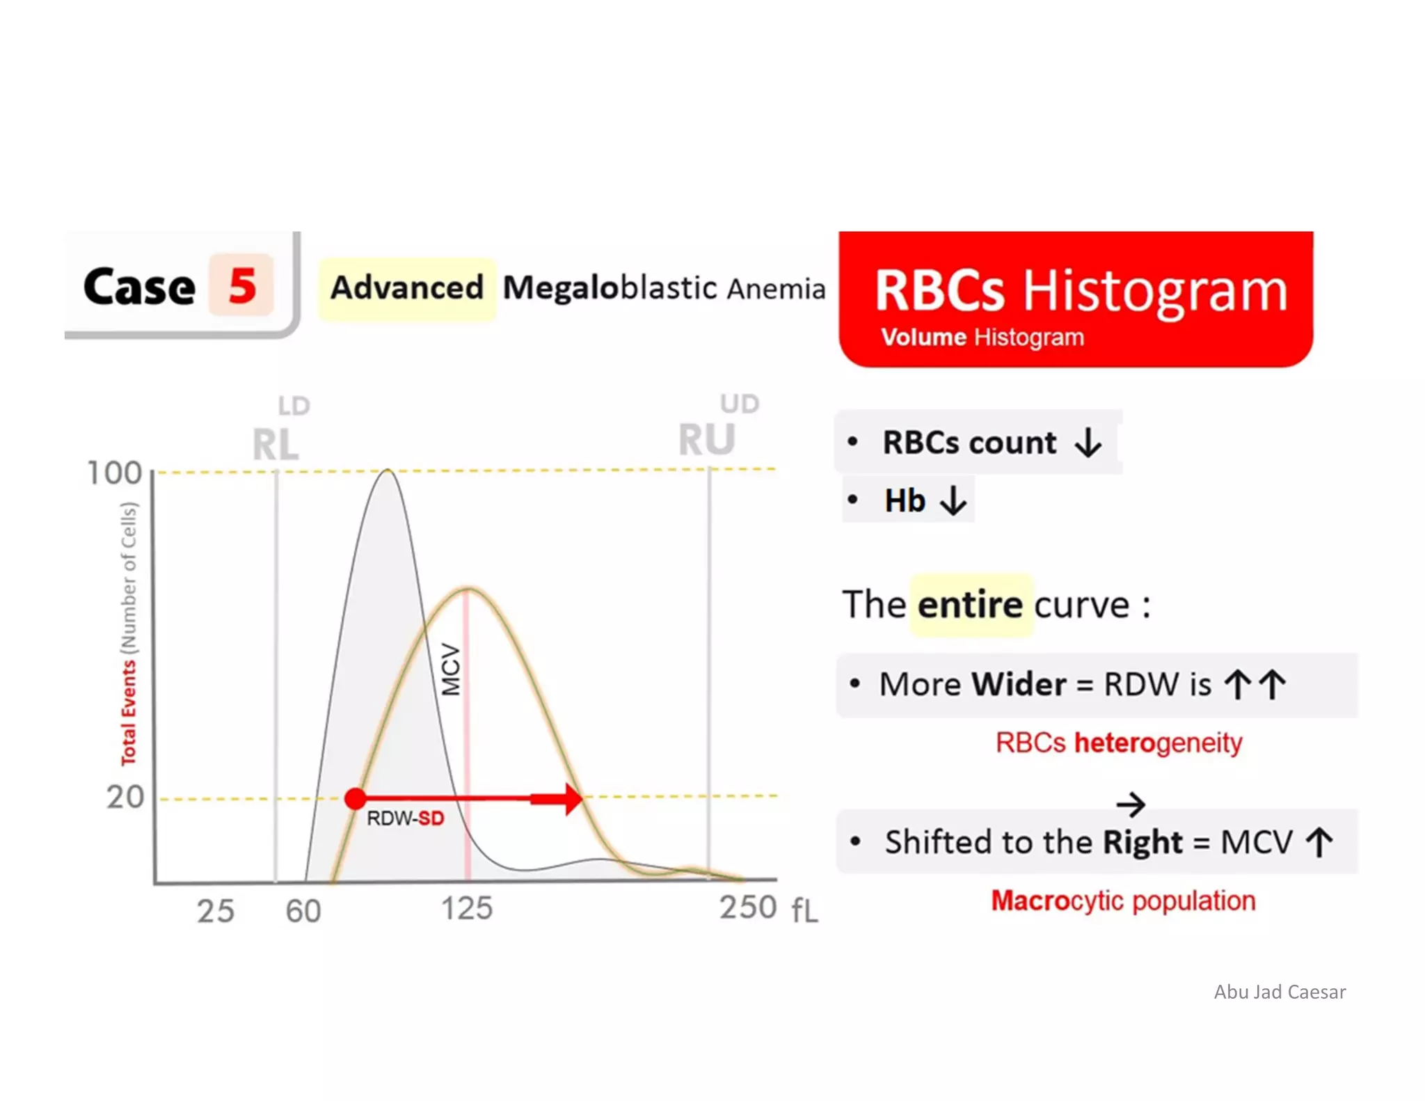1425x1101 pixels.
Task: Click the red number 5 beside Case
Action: [x=242, y=285]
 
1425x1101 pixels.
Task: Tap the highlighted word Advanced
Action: [x=407, y=288]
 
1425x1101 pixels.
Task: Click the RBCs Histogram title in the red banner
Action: [x=1081, y=290]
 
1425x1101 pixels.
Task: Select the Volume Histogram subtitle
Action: [x=982, y=338]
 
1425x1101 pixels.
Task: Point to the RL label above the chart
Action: [x=276, y=444]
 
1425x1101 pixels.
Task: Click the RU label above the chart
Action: [x=706, y=440]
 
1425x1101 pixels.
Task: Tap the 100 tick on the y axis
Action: [x=114, y=473]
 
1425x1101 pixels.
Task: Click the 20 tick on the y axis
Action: [x=125, y=797]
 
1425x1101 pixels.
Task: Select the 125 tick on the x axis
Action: [x=467, y=908]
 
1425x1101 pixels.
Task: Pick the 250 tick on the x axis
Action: [x=748, y=908]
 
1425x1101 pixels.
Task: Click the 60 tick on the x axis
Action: [x=303, y=911]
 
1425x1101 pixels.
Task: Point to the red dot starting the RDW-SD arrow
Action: [x=356, y=798]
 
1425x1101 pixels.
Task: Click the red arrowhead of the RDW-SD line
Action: [x=572, y=798]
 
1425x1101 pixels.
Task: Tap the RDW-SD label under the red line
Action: [x=405, y=818]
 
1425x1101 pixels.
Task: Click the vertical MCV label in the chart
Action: [x=452, y=670]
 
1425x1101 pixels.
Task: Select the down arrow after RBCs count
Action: [x=1088, y=443]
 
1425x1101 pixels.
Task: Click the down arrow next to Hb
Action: [x=953, y=500]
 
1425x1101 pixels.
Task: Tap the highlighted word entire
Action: [x=970, y=605]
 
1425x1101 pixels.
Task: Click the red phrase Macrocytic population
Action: [x=1123, y=901]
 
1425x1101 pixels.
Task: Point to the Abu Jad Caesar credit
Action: [x=1280, y=992]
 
